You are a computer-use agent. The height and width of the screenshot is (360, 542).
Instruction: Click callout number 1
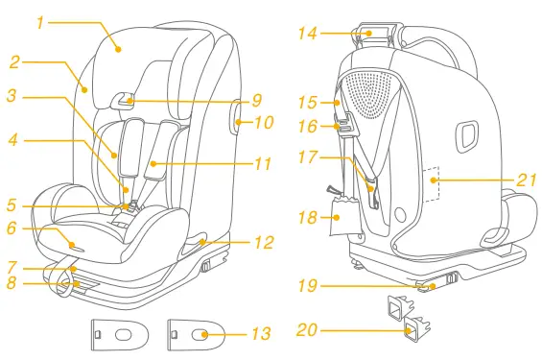40,21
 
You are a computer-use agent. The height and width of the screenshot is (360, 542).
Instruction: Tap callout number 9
257,100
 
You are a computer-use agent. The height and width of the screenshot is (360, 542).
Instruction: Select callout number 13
261,334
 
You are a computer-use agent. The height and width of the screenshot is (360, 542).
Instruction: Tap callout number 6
12,228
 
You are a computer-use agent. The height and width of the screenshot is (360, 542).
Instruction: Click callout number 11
263,163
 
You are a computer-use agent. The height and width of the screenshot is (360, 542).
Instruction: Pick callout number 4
12,140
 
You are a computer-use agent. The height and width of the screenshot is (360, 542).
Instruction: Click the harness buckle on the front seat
128,204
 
